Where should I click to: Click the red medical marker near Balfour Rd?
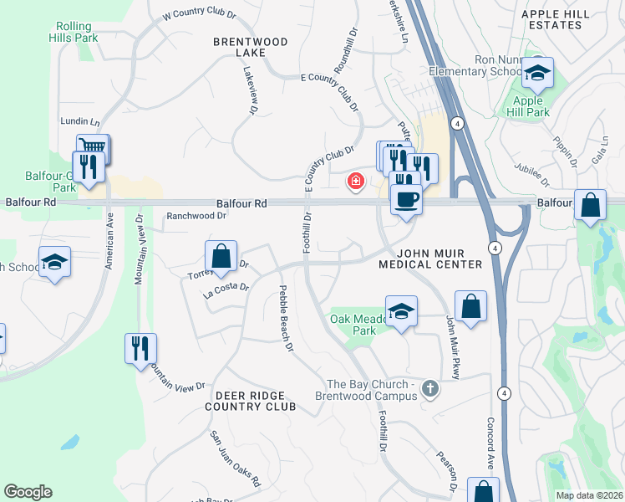(356, 181)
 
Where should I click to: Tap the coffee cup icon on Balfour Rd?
(406, 200)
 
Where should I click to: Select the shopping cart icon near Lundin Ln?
(93, 149)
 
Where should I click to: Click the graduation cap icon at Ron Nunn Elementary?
(538, 73)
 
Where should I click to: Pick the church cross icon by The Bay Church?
(430, 387)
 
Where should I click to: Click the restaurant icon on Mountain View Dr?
(140, 347)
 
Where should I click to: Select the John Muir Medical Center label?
(430, 258)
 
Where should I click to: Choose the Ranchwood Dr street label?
(196, 215)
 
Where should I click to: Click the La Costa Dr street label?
(226, 290)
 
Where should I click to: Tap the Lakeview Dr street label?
(249, 90)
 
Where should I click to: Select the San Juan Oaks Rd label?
(235, 458)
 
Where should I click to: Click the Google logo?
(28, 492)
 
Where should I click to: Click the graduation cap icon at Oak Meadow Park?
(402, 311)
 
